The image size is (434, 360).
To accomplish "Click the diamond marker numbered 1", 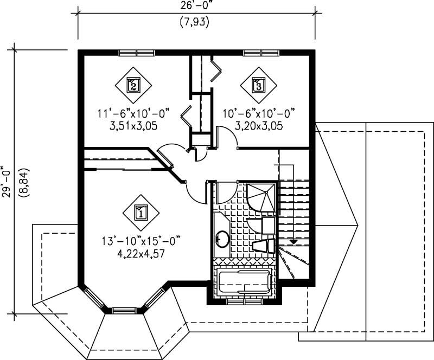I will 141,212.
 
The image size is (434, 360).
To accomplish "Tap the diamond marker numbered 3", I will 258,84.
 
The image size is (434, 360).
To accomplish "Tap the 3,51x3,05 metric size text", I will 133,125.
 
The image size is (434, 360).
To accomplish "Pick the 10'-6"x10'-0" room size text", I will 258,113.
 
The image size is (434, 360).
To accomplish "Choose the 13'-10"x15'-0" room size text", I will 140,240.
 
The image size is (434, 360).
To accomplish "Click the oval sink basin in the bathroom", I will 222,239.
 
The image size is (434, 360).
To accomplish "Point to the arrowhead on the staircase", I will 293,242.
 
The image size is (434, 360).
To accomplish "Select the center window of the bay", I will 125,311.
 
